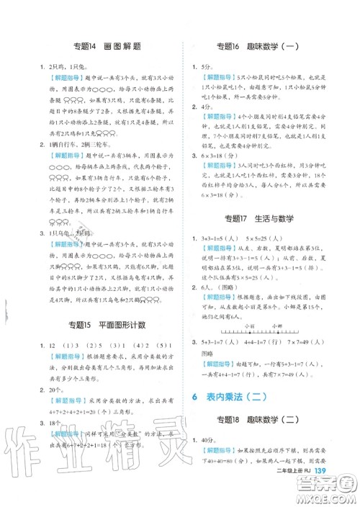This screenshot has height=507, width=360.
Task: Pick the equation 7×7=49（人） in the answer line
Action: pos(320,364)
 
